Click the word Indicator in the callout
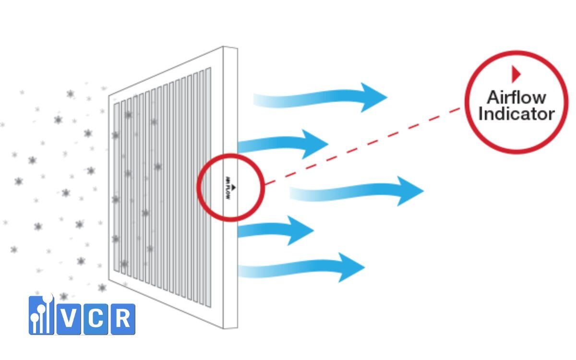(516, 113)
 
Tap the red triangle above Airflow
(516, 74)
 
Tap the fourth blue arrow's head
(300, 230)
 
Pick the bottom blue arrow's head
(351, 267)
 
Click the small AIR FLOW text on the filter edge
(228, 188)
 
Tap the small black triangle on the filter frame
(233, 187)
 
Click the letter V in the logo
(69, 319)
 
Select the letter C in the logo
(96, 319)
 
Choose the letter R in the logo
(123, 319)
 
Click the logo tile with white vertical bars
(41, 315)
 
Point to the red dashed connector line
(362, 146)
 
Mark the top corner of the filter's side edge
(223, 47)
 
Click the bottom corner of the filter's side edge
(223, 329)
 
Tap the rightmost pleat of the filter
(208, 188)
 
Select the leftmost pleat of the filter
(117, 187)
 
